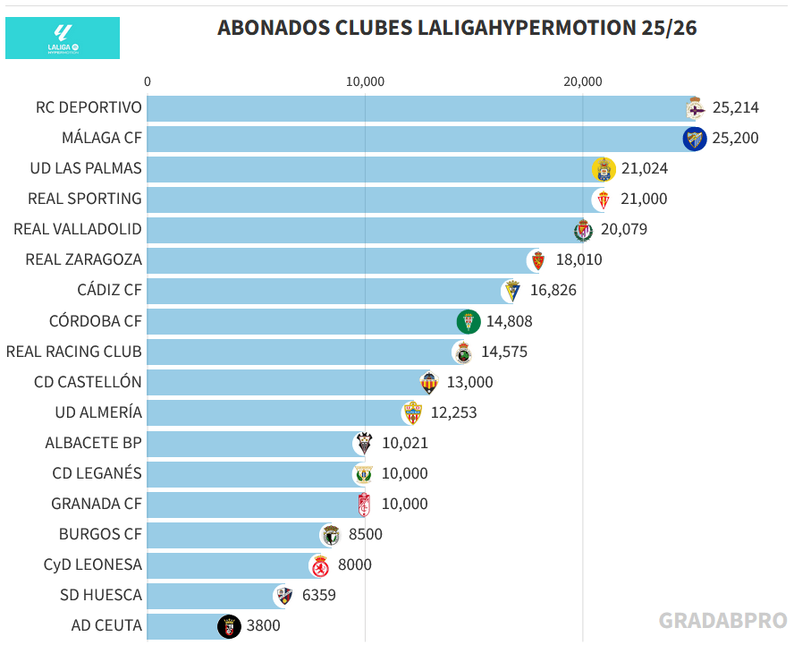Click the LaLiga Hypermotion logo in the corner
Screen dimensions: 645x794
coord(63,38)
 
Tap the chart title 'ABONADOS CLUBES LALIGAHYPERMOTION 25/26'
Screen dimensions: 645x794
coord(457,28)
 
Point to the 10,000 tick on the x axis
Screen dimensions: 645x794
coord(365,82)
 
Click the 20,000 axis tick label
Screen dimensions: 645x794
coord(583,82)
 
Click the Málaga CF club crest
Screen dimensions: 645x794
coord(695,139)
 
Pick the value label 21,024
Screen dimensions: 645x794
coord(646,168)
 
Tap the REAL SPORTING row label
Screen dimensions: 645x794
coord(85,199)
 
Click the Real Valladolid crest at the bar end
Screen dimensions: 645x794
coord(583,230)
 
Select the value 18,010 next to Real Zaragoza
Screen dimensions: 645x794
coord(578,260)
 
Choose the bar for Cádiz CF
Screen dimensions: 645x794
coord(326,291)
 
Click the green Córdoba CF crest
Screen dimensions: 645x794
coord(468,321)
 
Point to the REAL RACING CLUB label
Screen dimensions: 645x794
coord(74,352)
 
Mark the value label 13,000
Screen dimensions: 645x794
coord(470,382)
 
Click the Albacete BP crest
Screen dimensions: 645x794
coord(364,443)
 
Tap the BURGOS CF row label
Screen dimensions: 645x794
coord(100,535)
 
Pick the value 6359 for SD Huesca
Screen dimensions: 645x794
coord(319,596)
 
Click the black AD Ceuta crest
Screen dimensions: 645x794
coord(229,626)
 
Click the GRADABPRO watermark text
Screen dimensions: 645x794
coord(723,621)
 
